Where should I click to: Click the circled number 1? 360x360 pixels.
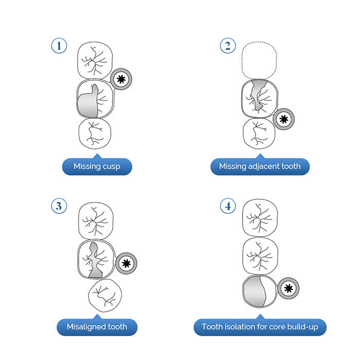pos(60,46)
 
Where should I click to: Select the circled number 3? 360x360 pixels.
pos(60,206)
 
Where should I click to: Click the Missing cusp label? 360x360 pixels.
pos(97,166)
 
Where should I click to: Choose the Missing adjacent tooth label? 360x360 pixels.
pos(260,166)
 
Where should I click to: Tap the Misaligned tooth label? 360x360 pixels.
pos(97,327)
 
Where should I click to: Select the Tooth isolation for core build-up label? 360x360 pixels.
pos(260,327)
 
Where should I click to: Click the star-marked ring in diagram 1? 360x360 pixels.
pos(121,79)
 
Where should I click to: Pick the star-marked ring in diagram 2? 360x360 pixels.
pos(283,119)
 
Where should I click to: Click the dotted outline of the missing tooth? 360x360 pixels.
pos(259,59)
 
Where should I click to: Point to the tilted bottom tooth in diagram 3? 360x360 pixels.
pos(106,296)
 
